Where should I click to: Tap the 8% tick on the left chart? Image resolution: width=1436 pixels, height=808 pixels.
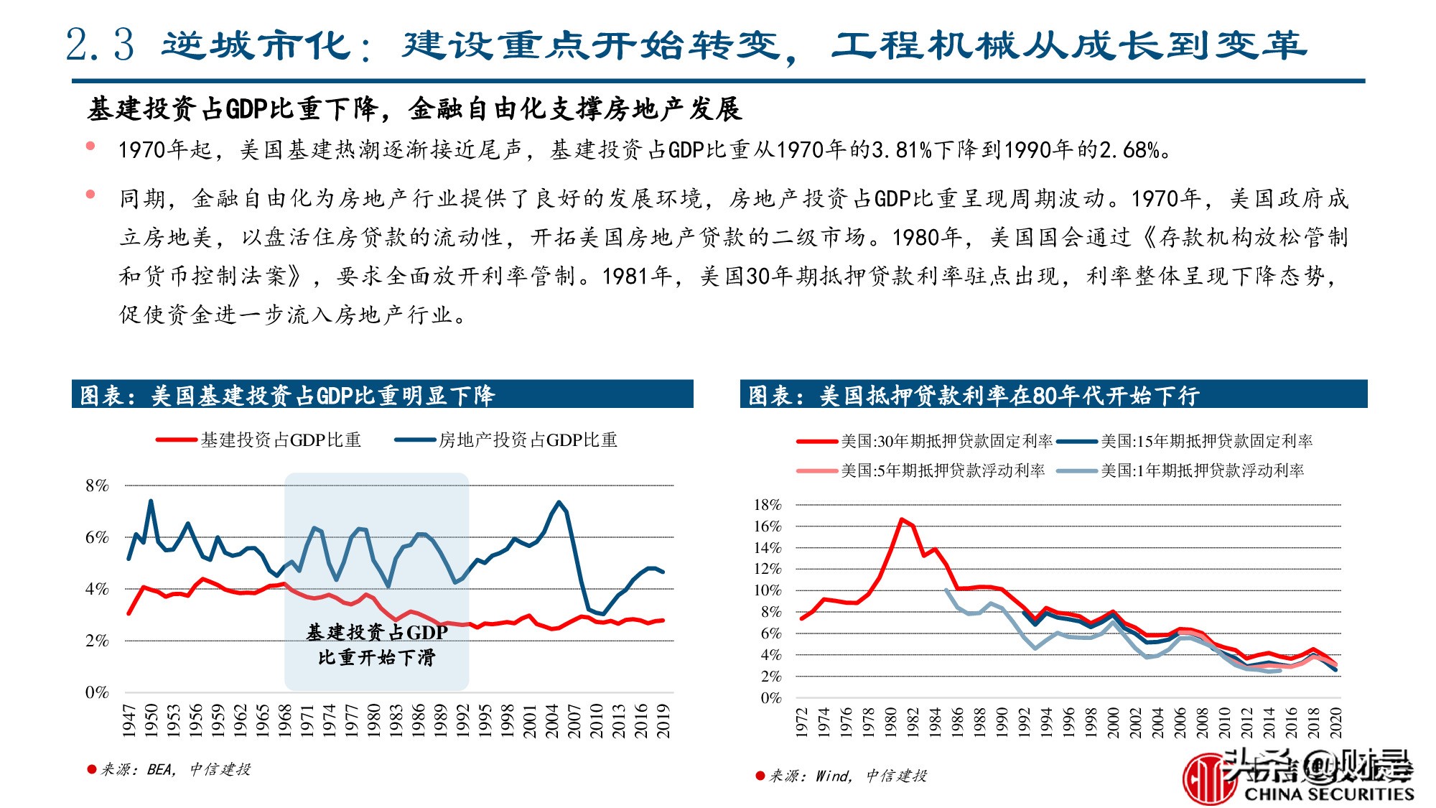(97, 486)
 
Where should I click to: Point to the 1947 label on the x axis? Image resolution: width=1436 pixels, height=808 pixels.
(129, 720)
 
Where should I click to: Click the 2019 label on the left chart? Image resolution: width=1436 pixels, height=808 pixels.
(663, 720)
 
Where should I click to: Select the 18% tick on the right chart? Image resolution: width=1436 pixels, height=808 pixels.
(767, 505)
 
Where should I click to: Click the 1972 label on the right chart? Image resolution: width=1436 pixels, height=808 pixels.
(802, 721)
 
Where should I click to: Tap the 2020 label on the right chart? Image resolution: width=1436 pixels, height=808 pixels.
(1336, 721)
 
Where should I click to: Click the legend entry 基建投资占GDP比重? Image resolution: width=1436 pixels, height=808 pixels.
(280, 440)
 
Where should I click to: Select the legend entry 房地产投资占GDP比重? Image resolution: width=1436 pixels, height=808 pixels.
(528, 440)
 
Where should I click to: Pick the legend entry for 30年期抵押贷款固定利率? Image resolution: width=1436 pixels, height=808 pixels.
(946, 441)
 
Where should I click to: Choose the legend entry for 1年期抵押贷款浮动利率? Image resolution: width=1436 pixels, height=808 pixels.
(1202, 470)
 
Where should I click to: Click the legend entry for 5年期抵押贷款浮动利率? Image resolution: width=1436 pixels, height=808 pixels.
(942, 470)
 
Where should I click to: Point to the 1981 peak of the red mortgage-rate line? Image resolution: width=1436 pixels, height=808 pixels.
(902, 519)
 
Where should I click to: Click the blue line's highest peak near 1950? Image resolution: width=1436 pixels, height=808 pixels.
(151, 501)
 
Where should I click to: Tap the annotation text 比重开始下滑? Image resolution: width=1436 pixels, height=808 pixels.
(376, 657)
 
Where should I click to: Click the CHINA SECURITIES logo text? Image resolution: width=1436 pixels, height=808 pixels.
(1328, 794)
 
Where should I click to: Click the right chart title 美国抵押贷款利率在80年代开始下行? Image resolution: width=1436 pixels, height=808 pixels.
(1009, 395)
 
